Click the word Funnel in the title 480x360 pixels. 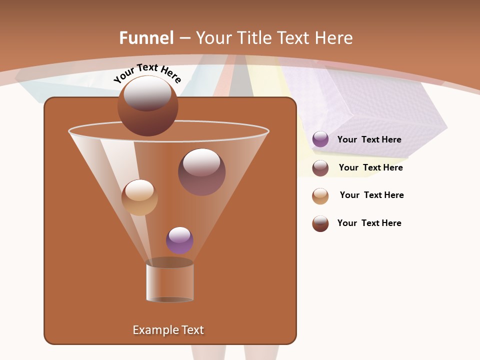tap(146, 38)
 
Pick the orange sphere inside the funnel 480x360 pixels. tap(139, 197)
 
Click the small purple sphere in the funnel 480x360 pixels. tap(179, 240)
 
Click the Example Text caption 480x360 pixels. tap(168, 330)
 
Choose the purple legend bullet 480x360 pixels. tap(320, 139)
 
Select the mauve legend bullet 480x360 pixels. tap(320, 167)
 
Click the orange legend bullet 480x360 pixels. tap(320, 195)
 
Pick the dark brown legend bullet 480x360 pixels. tap(320, 223)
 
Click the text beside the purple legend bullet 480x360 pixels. tap(369, 139)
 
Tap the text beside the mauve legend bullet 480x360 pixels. tap(370, 167)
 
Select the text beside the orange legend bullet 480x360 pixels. tap(371, 195)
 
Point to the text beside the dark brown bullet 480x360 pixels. tap(369, 223)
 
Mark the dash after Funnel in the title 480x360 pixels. tap(184, 38)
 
